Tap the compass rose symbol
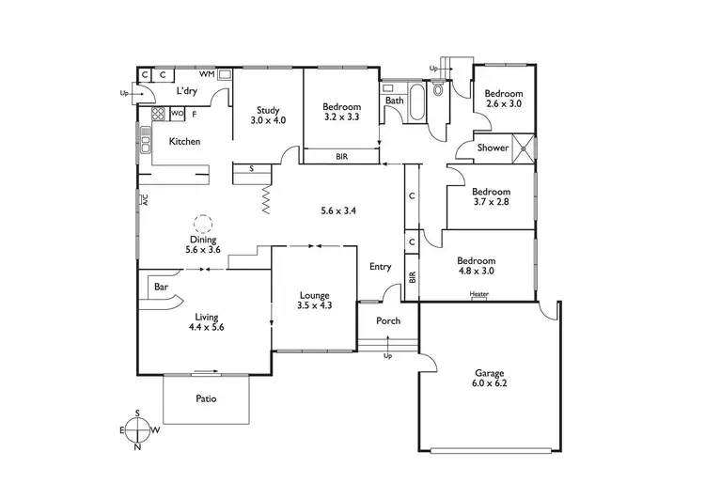point(139,428)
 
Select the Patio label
point(206,398)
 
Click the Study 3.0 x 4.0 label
point(267,116)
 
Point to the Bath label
point(394,101)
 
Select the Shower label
point(493,148)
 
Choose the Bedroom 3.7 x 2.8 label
point(491,195)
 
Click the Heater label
point(479,295)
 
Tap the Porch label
point(388,321)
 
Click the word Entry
point(380,267)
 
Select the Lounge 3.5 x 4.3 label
point(315,299)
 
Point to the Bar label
point(160,286)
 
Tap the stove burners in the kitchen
point(158,115)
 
